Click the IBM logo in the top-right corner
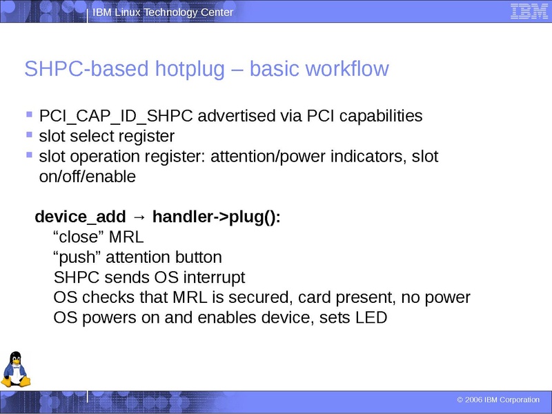click(x=524, y=11)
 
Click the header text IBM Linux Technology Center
click(x=163, y=12)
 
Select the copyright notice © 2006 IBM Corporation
click(x=498, y=400)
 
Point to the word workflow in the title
click(x=349, y=70)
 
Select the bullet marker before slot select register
click(x=29, y=135)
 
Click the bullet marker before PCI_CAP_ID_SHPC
click(x=29, y=115)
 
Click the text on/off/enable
click(x=88, y=177)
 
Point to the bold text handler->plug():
click(x=217, y=217)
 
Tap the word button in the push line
click(x=199, y=257)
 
